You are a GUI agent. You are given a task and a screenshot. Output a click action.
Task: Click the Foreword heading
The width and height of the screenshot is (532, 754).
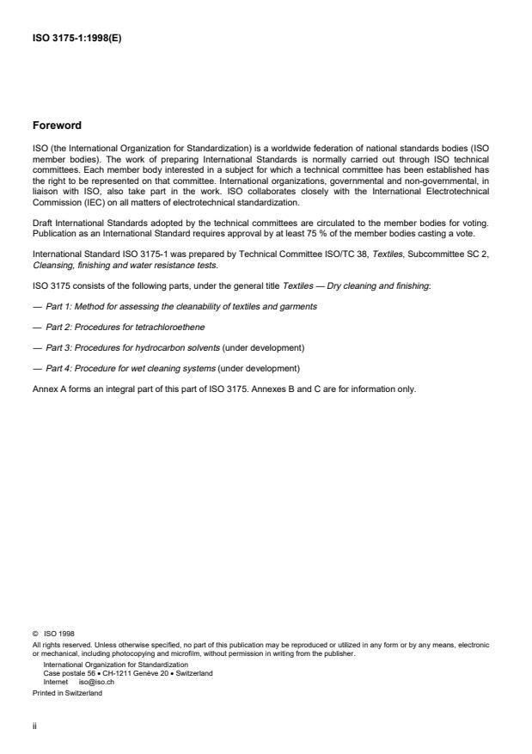[x=58, y=125]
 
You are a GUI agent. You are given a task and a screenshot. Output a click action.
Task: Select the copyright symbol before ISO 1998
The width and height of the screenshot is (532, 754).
[x=34, y=633]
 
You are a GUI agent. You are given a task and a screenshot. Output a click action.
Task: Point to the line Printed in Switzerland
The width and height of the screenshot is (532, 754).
[x=66, y=693]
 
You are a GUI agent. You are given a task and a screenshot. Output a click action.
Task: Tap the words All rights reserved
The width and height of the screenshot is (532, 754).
[x=59, y=644]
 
